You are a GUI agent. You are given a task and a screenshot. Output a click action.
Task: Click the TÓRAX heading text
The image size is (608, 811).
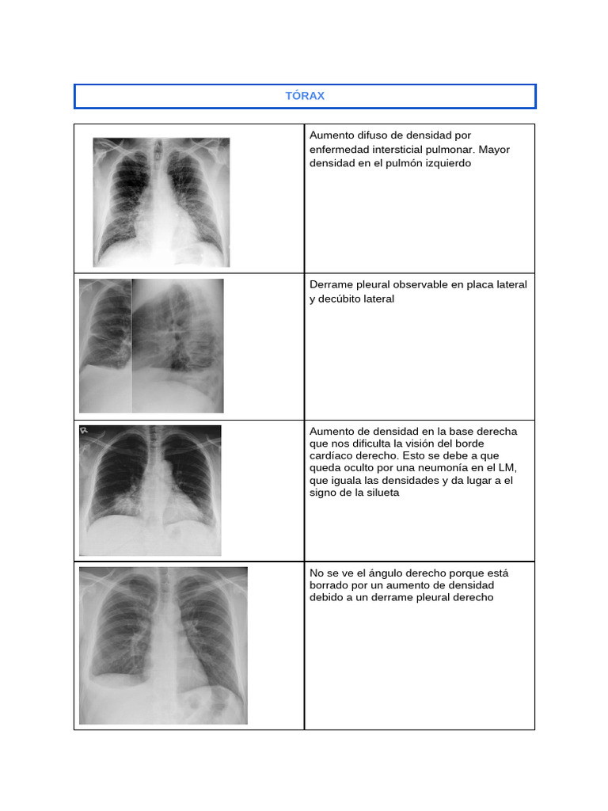click(305, 96)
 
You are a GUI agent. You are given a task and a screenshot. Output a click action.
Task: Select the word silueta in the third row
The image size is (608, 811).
click(380, 493)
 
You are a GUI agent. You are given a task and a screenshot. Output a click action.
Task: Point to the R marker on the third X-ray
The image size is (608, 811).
click(83, 431)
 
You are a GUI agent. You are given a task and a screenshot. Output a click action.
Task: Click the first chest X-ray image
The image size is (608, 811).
click(161, 202)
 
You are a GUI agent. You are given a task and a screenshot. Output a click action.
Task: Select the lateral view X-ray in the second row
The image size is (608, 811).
click(177, 345)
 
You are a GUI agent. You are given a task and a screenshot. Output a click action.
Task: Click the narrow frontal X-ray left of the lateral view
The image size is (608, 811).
click(105, 345)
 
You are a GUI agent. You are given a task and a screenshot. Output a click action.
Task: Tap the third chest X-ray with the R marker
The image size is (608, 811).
click(150, 490)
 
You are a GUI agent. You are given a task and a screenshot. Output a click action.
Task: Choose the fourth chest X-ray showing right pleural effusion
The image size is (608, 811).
click(163, 645)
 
